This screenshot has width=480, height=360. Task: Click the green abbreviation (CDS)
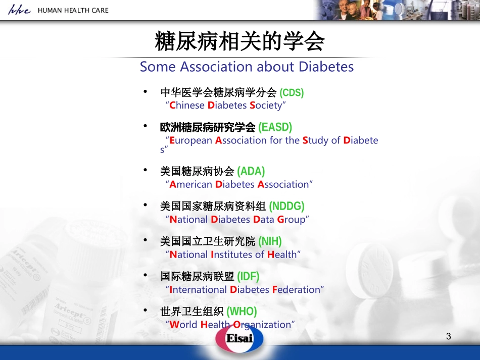coord(292,92)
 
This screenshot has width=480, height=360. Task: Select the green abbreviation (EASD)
coord(275,127)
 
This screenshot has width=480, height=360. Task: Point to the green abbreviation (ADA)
coord(251,171)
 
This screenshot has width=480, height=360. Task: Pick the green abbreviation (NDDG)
coord(286,206)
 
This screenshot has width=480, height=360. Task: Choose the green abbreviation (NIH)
coord(270,241)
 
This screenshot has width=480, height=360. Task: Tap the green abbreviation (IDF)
coord(248,276)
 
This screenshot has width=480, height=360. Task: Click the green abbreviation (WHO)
coord(242,311)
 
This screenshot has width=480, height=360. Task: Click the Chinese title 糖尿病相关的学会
coord(239,41)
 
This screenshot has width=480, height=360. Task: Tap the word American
coord(190,184)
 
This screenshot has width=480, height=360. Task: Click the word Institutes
coord(231,254)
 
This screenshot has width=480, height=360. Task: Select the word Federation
coord(296,290)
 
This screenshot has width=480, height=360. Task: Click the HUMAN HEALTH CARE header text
coord(73,10)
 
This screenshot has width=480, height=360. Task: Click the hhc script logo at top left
coord(19,10)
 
